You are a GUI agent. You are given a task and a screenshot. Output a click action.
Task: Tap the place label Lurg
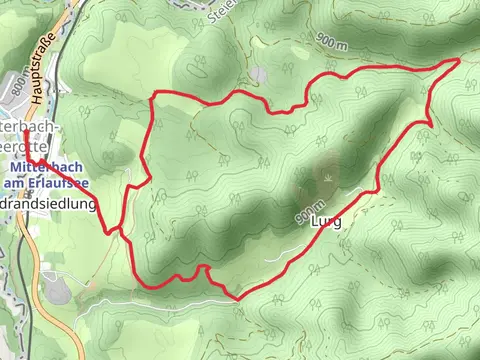click(x=325, y=222)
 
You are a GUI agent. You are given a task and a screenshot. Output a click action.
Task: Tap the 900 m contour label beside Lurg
click(x=303, y=215)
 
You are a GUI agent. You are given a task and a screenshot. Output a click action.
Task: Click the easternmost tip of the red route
click(x=460, y=60)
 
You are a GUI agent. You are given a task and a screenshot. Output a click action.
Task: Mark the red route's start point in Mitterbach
click(x=28, y=159)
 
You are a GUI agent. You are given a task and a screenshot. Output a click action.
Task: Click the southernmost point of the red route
click(x=237, y=298)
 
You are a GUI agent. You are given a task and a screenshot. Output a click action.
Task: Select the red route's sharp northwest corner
click(x=152, y=94)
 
